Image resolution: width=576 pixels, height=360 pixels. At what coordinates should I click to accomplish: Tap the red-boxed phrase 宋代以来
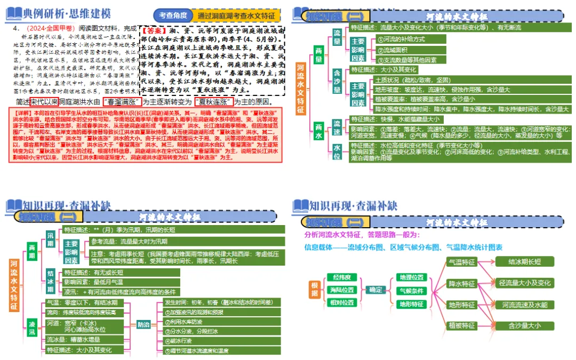click(44, 101)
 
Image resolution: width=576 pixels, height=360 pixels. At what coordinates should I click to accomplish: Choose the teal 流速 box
click(337, 126)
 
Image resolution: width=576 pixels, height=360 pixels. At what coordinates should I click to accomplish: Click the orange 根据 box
click(315, 290)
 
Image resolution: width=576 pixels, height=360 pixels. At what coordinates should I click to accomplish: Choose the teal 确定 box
click(376, 290)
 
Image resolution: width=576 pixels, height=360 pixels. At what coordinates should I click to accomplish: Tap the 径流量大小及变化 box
click(525, 283)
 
